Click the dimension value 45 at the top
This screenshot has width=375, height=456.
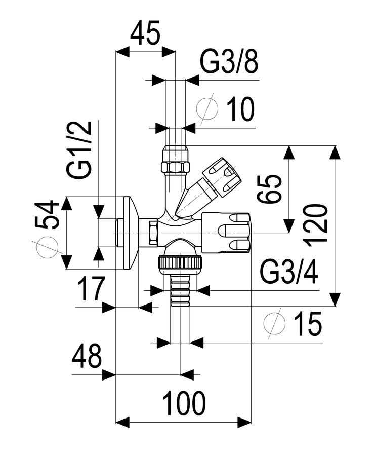145,33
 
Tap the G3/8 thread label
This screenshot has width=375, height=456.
229,62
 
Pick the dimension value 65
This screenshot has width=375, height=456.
270,189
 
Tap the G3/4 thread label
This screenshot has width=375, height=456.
289,273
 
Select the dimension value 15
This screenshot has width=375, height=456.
308,324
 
